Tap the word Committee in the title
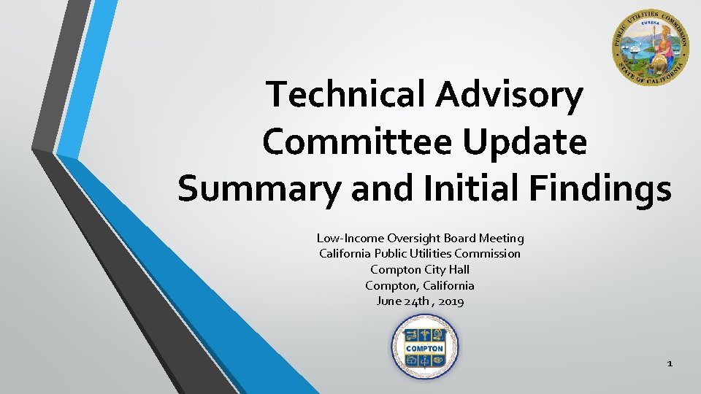point(353,142)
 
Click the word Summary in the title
point(258,188)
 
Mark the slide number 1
point(670,363)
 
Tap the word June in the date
point(388,301)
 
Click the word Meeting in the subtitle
point(502,238)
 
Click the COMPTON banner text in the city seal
point(425,349)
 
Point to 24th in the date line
point(418,301)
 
